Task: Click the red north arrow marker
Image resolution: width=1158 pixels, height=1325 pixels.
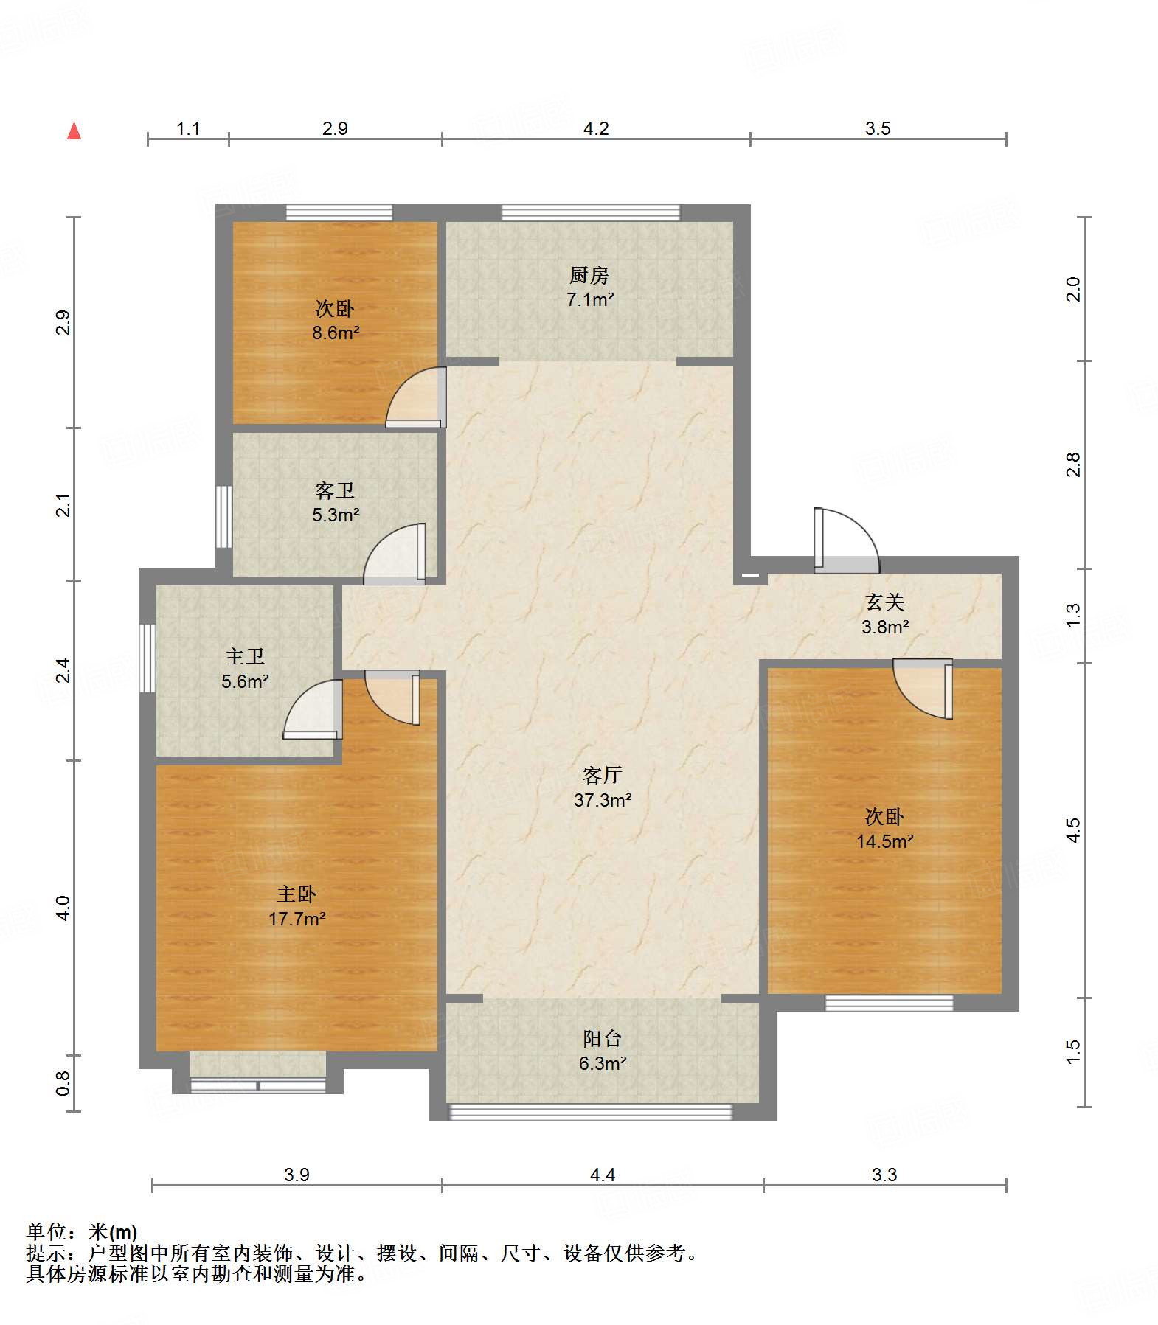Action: click(x=74, y=131)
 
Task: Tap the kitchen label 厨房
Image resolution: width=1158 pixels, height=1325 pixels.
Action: click(x=589, y=275)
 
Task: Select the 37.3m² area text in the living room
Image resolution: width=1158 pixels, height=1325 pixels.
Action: click(x=603, y=800)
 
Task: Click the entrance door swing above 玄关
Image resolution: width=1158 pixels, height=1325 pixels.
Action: click(x=847, y=540)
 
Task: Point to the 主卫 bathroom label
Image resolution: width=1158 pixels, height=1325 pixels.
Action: click(x=245, y=656)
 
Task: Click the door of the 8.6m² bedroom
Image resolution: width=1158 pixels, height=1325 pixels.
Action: click(x=416, y=397)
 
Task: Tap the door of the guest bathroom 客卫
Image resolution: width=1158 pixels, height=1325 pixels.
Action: click(x=395, y=554)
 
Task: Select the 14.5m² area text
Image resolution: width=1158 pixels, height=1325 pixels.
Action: click(x=884, y=841)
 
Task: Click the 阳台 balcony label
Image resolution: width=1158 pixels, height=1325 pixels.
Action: click(x=603, y=1038)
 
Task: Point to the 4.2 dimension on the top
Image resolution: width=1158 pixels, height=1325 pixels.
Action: click(x=596, y=129)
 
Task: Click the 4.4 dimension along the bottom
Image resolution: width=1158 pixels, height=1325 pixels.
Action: click(x=603, y=1175)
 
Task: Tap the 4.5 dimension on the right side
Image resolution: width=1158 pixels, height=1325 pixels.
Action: click(x=1073, y=830)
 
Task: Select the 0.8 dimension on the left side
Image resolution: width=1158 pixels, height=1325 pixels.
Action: click(x=63, y=1083)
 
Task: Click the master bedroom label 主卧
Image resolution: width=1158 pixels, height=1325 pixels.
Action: click(x=297, y=894)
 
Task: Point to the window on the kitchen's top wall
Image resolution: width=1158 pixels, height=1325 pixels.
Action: click(x=590, y=212)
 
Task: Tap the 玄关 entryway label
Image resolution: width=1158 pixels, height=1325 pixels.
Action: click(x=884, y=602)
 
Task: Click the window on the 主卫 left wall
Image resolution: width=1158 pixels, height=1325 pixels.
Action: click(x=148, y=658)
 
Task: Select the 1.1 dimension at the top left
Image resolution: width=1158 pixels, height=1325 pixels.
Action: click(x=188, y=129)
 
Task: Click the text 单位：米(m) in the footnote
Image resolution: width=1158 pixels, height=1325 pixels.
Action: click(x=82, y=1232)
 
